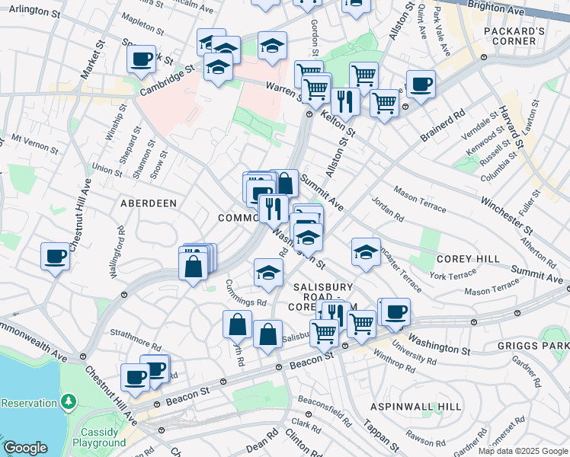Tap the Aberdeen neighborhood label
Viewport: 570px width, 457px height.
pos(148,203)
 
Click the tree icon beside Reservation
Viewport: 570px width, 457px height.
pos(69,400)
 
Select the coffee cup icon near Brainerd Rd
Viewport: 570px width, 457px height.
pos(420,84)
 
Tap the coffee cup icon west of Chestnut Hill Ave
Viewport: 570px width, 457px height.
pos(55,256)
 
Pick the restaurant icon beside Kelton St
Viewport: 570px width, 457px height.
pos(345,100)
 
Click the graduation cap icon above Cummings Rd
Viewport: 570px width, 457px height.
pos(268,273)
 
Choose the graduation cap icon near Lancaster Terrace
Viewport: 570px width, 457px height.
pos(366,252)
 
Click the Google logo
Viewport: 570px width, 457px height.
pos(25,448)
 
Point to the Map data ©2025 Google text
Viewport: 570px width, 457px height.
pos(523,451)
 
